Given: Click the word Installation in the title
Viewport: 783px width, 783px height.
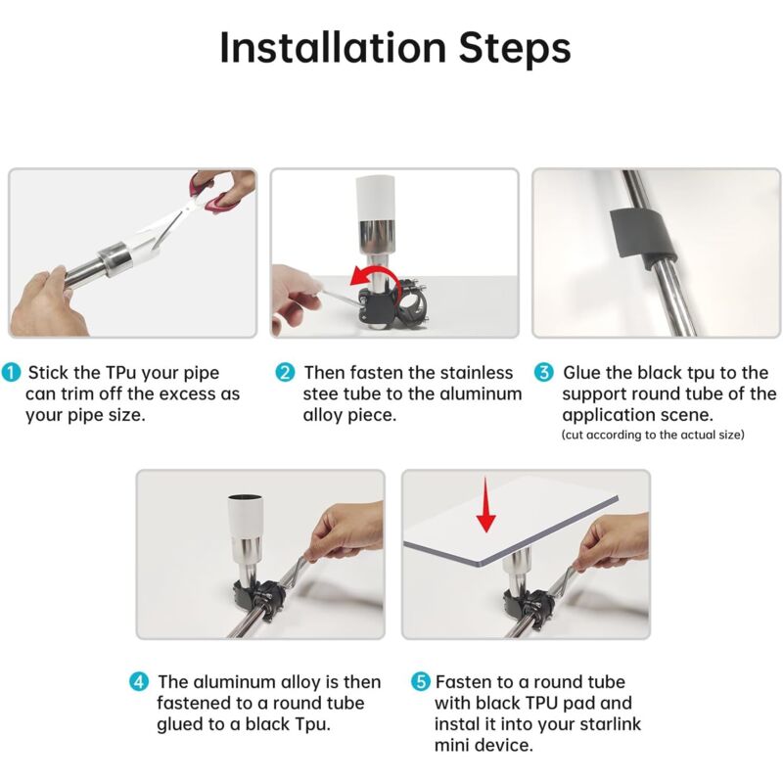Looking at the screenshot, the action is click(x=333, y=48).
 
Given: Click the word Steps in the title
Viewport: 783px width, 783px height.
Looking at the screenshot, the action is click(x=515, y=48).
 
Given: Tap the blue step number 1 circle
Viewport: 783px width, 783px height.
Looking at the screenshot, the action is click(x=11, y=373).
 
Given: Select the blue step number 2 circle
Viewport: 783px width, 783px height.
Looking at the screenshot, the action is click(x=285, y=373).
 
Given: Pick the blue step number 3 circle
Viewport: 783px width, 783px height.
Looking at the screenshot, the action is click(x=544, y=373).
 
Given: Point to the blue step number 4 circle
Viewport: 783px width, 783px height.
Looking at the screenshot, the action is click(x=139, y=681).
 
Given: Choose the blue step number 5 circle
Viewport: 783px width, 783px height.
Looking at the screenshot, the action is click(x=421, y=681).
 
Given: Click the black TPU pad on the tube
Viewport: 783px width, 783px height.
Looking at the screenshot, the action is click(x=643, y=235).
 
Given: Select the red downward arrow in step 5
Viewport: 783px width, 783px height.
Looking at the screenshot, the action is click(x=485, y=504).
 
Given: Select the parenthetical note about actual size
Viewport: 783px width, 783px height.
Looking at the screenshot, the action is click(x=653, y=435).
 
